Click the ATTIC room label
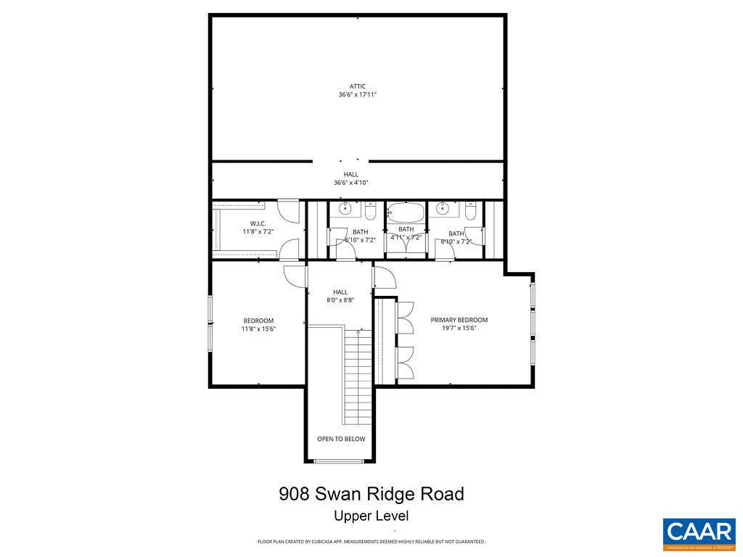click(x=357, y=86)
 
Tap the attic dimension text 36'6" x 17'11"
click(x=357, y=95)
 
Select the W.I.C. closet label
click(x=258, y=223)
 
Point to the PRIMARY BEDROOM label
click(x=459, y=320)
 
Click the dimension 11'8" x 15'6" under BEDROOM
click(x=258, y=329)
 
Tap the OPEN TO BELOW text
click(x=341, y=439)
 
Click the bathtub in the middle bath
click(x=406, y=213)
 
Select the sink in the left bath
click(x=346, y=210)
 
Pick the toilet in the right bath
click(x=470, y=213)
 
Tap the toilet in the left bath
click(x=370, y=213)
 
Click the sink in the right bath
click(x=442, y=210)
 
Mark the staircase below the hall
click(x=357, y=377)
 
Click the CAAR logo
click(x=699, y=533)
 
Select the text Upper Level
click(x=371, y=516)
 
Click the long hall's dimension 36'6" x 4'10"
click(x=350, y=183)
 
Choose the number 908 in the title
click(x=295, y=495)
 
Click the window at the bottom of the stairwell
click(x=340, y=461)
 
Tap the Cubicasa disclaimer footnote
click(x=371, y=542)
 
